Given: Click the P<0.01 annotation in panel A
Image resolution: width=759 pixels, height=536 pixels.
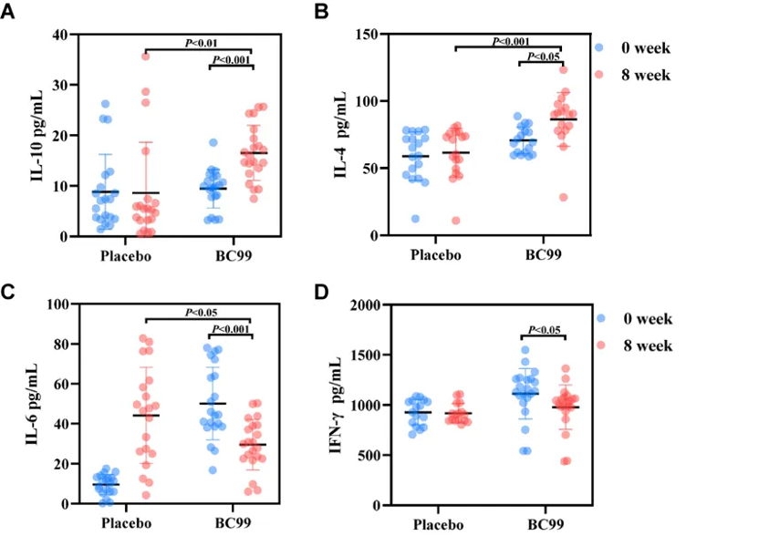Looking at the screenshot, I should (198, 42).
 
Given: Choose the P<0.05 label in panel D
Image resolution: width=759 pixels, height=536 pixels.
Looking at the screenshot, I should (546, 332).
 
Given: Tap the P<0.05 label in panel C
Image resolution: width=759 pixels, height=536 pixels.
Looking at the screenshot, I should (199, 311).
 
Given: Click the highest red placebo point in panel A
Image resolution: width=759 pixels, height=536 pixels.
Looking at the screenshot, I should (145, 57).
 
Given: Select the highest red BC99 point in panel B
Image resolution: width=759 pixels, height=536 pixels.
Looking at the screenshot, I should (563, 70).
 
